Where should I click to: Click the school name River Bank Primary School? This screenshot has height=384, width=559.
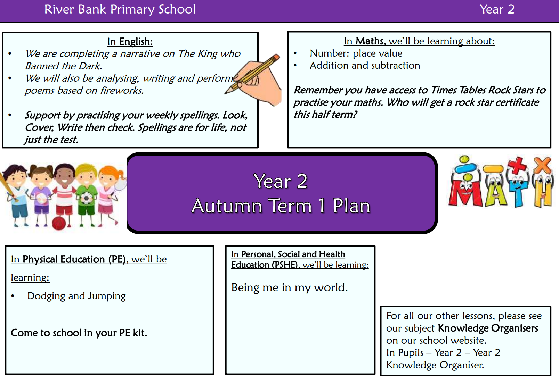(120, 9)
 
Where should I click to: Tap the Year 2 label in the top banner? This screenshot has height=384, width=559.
(497, 9)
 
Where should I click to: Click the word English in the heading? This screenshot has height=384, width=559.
(136, 41)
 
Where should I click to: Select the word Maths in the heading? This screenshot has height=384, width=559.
(371, 41)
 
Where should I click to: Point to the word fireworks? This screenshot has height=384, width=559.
(122, 90)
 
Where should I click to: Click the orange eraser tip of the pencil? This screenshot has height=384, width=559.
(276, 57)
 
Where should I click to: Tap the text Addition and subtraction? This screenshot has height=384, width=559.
(365, 65)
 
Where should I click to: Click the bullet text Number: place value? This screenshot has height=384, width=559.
(356, 53)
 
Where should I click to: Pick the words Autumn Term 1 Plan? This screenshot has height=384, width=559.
(281, 206)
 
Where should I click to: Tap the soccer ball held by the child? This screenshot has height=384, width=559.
(87, 198)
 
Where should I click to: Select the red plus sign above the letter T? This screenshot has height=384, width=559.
(517, 166)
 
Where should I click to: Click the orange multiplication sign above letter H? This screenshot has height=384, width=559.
(542, 165)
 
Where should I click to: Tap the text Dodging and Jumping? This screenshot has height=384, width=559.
(76, 296)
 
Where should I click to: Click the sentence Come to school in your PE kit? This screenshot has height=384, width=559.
(79, 333)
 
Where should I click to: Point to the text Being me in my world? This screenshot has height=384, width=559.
(290, 287)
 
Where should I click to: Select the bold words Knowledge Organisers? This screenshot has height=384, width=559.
(488, 328)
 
